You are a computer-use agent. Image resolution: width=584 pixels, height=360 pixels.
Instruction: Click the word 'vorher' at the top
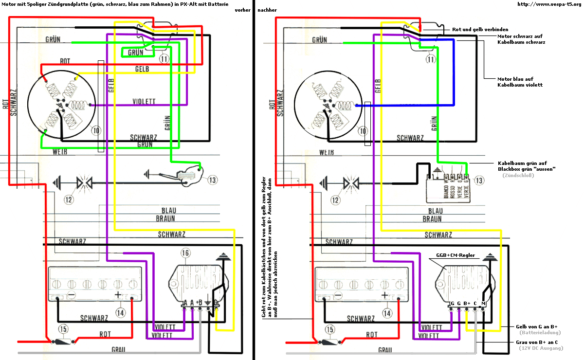(242, 10)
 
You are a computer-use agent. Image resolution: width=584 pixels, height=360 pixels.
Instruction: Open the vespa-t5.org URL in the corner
(549, 4)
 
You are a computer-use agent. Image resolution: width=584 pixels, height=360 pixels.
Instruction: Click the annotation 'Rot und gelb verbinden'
(480, 29)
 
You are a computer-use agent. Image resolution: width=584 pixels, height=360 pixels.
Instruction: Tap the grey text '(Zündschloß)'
(519, 175)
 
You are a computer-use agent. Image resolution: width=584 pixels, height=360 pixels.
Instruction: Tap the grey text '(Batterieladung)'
(540, 333)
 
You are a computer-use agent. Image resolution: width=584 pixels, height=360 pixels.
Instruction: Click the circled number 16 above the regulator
(185, 252)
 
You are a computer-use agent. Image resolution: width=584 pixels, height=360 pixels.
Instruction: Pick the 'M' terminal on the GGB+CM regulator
(483, 304)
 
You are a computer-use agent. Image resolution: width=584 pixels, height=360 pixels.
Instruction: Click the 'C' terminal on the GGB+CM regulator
(475, 304)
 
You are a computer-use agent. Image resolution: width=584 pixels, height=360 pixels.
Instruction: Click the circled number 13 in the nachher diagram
(479, 180)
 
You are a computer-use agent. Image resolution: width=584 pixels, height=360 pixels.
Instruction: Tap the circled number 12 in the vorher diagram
(69, 199)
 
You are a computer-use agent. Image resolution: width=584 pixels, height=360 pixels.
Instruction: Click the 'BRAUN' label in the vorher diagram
(165, 219)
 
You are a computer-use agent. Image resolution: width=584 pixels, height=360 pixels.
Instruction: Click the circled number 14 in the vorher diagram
(120, 312)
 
